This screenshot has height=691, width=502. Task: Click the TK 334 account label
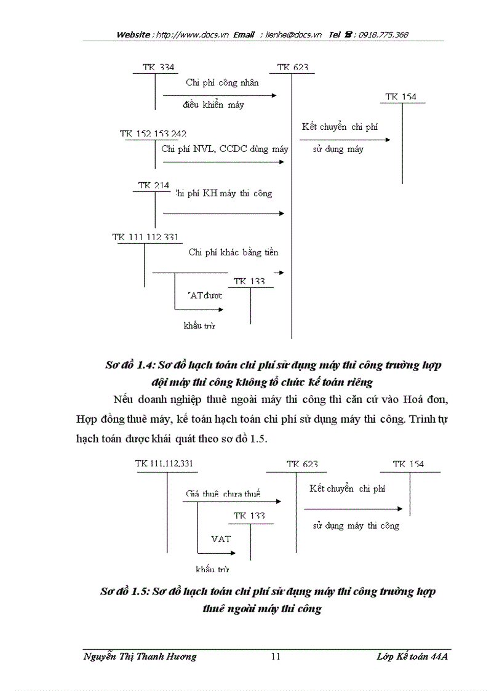pyautogui.click(x=158, y=68)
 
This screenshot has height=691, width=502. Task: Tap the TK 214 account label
pyautogui.click(x=154, y=185)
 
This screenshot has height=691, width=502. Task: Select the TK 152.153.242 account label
pyautogui.click(x=153, y=134)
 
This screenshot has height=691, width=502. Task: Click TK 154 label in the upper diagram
pyautogui.click(x=401, y=97)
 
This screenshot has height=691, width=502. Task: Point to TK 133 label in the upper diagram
pyautogui.click(x=250, y=282)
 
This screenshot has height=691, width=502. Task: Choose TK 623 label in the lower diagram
pyautogui.click(x=302, y=465)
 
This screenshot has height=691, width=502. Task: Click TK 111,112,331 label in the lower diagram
pyautogui.click(x=167, y=464)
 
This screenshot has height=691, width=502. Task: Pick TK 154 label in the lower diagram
pyautogui.click(x=408, y=465)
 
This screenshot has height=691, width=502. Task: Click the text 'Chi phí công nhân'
pyautogui.click(x=223, y=82)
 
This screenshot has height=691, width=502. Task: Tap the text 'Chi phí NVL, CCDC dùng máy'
pyautogui.click(x=225, y=149)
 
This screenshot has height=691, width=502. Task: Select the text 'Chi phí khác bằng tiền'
pyautogui.click(x=233, y=252)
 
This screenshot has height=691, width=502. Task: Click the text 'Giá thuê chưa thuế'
pyautogui.click(x=223, y=493)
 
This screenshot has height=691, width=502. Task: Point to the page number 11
pyautogui.click(x=276, y=657)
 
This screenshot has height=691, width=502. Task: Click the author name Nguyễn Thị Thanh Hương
pyautogui.click(x=140, y=657)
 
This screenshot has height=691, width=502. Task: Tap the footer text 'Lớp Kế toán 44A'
pyautogui.click(x=413, y=657)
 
